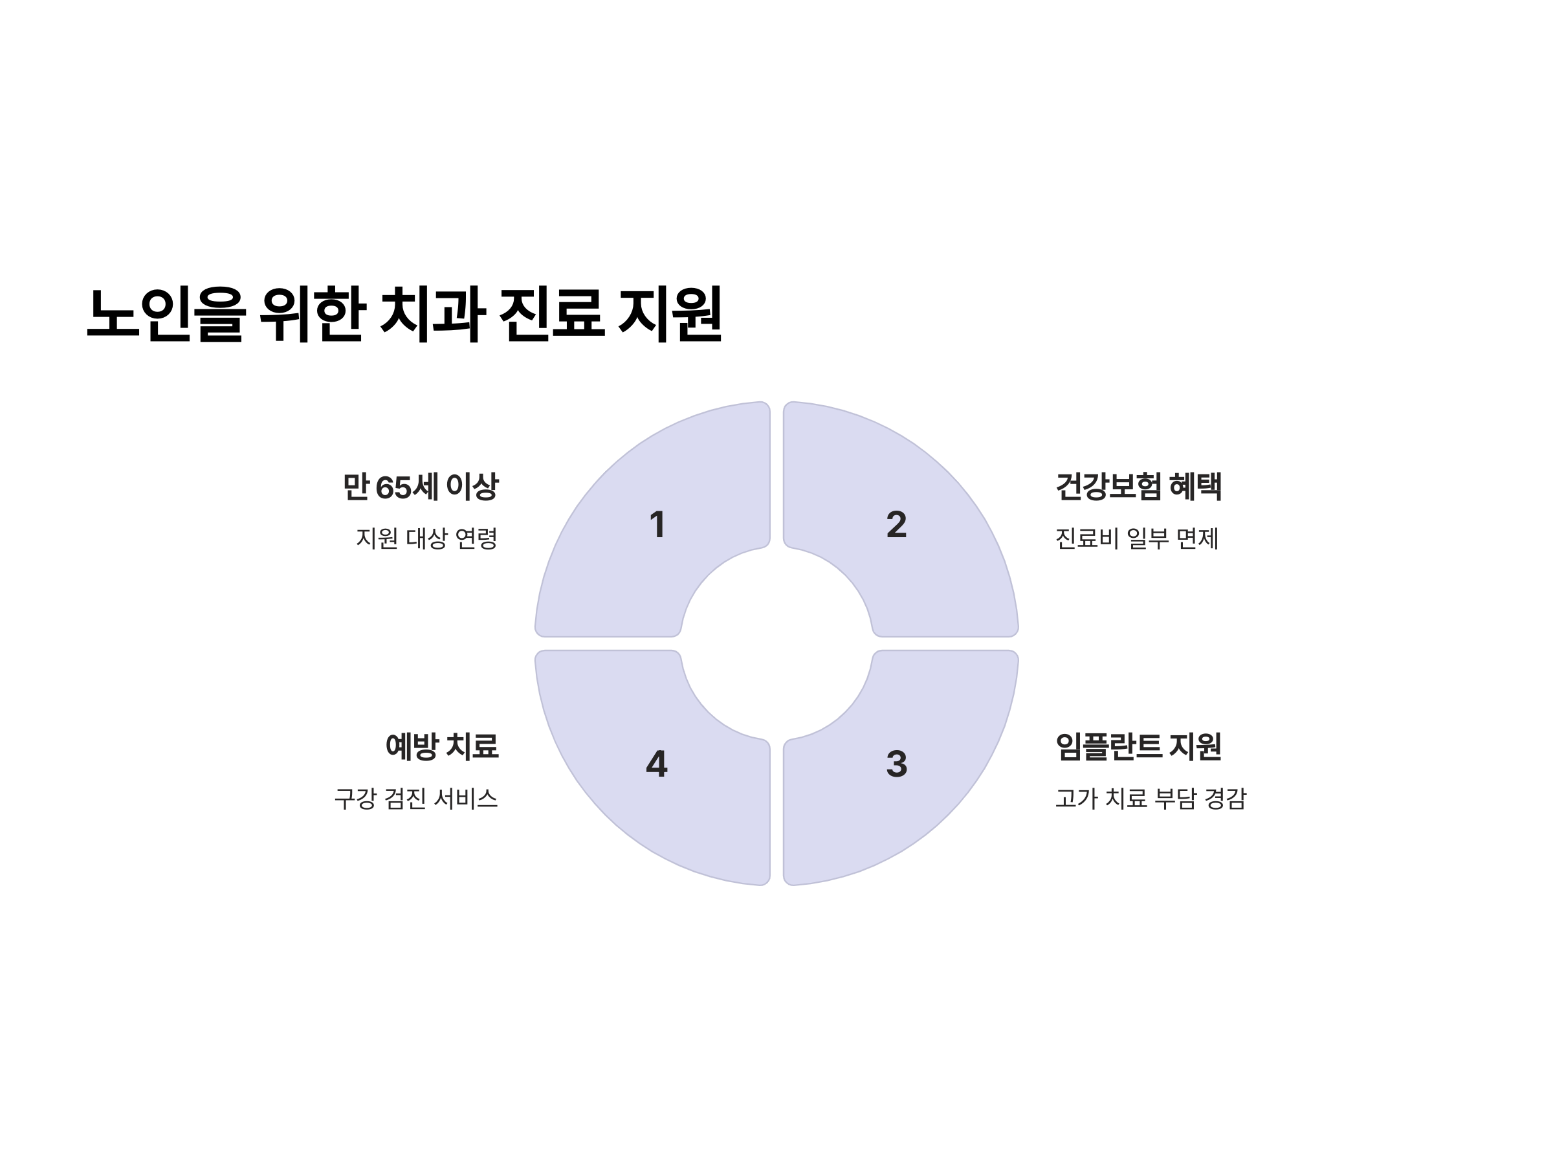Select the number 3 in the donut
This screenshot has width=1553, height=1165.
tap(897, 764)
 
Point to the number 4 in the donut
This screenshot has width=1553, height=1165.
tap(656, 764)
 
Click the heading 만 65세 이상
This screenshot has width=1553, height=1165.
tap(420, 487)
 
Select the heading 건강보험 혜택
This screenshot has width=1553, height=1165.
tap(1138, 487)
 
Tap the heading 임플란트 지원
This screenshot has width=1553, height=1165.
tap(1138, 746)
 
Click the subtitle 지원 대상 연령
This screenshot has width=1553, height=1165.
tap(426, 538)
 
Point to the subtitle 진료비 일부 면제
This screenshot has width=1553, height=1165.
tap(1137, 538)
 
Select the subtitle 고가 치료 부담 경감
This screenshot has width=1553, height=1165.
tap(1151, 799)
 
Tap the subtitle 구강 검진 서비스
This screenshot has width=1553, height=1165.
tap(415, 799)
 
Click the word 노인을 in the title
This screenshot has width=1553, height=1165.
tap(166, 314)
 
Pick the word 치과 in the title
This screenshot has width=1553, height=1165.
tap(432, 314)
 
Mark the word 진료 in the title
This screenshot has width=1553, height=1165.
tap(552, 314)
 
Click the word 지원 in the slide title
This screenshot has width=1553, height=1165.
tap(670, 314)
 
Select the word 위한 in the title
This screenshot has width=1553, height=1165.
tap(312, 314)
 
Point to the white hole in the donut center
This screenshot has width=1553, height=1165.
tap(776, 644)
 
